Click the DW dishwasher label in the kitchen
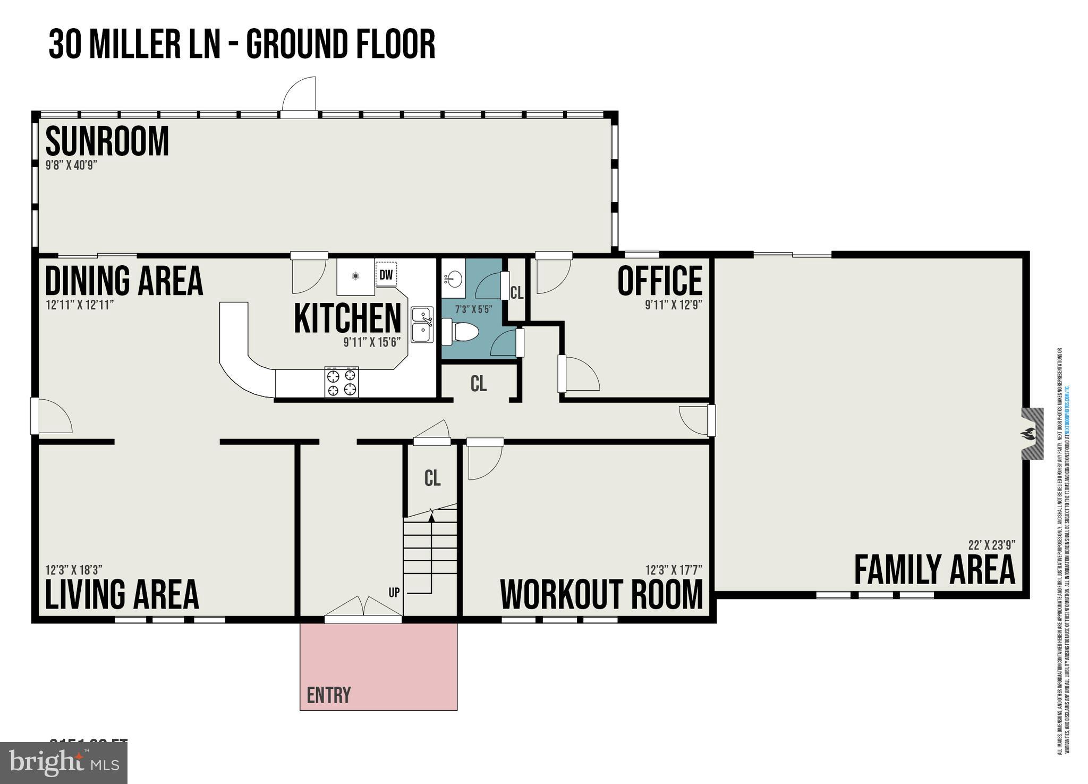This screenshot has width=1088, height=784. (x=386, y=275)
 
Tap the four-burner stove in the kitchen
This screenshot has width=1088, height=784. (x=341, y=382)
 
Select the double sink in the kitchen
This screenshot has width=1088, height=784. (x=422, y=325)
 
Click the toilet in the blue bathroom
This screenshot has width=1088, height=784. (x=461, y=332)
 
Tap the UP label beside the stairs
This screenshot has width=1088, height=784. (x=394, y=592)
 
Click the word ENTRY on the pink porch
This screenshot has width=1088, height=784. (x=329, y=695)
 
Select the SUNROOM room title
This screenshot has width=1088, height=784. (x=107, y=141)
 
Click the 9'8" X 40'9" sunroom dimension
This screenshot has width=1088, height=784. (x=71, y=165)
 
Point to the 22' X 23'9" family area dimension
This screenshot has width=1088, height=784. (x=991, y=545)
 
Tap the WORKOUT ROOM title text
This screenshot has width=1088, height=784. (x=601, y=595)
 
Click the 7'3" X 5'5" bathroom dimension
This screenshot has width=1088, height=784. (x=473, y=309)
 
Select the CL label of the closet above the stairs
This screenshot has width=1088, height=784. (x=432, y=478)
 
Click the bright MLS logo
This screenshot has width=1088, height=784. (x=64, y=763)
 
